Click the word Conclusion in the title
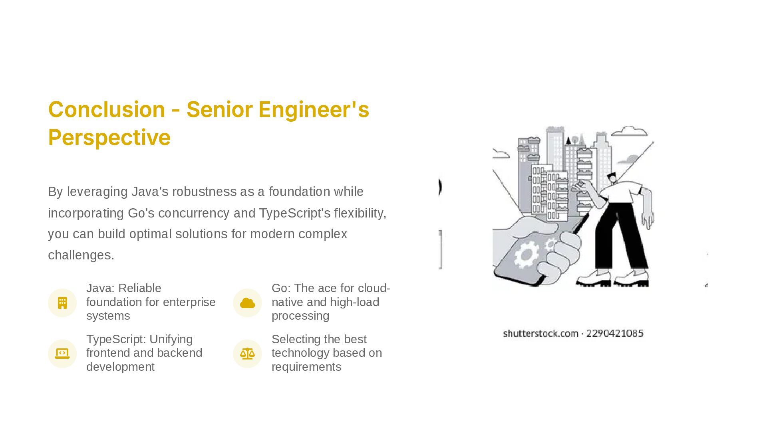pos(106,109)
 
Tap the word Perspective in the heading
pos(109,137)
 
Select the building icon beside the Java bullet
pos(62,303)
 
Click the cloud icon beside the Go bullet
pos(247,303)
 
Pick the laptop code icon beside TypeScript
pos(62,354)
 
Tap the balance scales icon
pos(247,354)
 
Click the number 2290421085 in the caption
pos(614,333)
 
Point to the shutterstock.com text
pos(540,333)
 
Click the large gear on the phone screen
pos(526,254)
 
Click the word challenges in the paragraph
pos(81,255)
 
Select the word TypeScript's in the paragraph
pos(295,213)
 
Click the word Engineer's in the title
pos(313,109)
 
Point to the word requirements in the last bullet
pos(306,367)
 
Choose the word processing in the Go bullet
pos(300,316)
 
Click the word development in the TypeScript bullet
pos(120,367)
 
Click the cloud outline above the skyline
pos(630,130)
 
